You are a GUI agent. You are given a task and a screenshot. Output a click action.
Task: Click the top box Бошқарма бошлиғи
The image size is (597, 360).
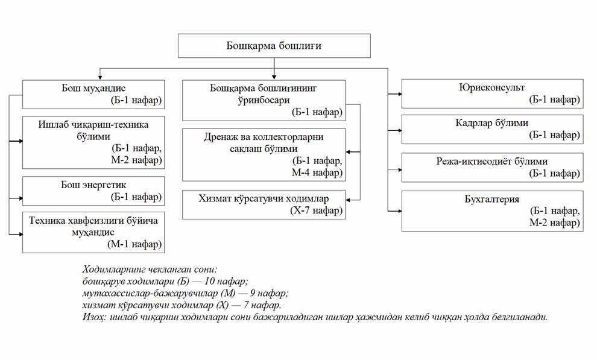(x=274, y=46)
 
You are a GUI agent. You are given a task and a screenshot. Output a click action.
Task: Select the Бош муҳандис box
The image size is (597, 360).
(x=93, y=95)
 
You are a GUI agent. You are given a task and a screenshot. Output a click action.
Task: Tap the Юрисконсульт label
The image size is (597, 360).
(x=491, y=87)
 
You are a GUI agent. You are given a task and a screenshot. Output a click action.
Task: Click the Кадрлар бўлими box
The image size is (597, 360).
(x=492, y=130)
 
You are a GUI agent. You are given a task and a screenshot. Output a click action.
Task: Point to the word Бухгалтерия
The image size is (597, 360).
(x=491, y=200)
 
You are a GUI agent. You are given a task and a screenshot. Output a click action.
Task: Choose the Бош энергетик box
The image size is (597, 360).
(x=93, y=191)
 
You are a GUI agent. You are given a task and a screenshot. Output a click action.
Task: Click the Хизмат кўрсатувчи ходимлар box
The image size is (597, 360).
(x=264, y=205)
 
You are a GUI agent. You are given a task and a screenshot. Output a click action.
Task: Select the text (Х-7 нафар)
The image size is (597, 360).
(x=316, y=210)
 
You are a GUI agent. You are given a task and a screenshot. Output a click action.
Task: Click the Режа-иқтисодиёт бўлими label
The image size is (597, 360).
(x=491, y=162)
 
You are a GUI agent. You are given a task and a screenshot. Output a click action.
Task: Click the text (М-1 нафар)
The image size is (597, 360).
(x=134, y=244)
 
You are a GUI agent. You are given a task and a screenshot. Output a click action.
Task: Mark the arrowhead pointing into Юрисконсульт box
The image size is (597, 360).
(x=399, y=93)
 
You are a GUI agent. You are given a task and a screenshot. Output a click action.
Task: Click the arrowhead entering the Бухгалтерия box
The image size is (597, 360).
(x=399, y=211)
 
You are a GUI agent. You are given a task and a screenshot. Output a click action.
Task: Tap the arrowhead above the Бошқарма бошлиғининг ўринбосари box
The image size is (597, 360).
(x=274, y=77)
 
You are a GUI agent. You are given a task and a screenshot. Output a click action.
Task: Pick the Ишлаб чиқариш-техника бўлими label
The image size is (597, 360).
(x=93, y=130)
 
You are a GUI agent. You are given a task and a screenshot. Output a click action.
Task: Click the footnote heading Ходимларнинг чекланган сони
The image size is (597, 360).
(x=150, y=270)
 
